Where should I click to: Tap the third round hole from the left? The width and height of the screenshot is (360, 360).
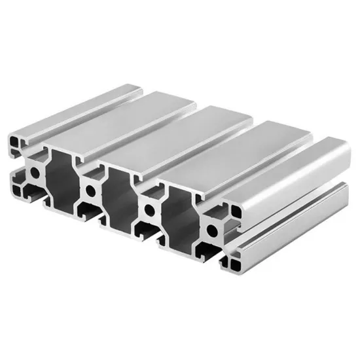151,210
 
